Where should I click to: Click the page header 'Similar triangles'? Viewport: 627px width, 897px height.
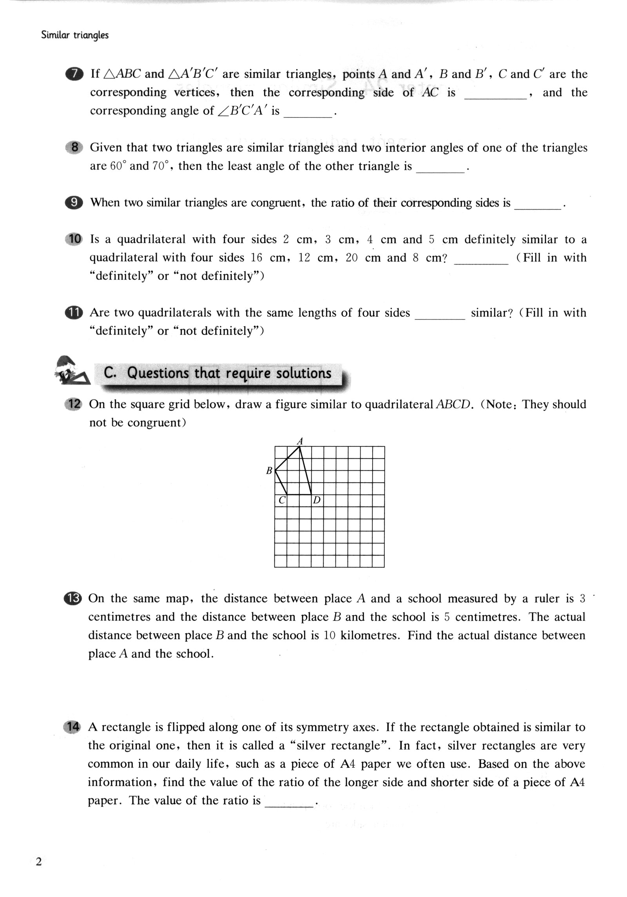click(74, 35)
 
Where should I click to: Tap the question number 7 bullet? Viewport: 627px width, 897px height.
click(74, 74)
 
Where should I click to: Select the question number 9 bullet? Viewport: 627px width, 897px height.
click(74, 203)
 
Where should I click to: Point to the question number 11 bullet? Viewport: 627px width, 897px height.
click(74, 313)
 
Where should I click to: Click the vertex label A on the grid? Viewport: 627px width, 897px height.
click(300, 441)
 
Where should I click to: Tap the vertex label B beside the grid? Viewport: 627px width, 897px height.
click(269, 471)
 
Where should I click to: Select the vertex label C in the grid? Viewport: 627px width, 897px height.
click(281, 500)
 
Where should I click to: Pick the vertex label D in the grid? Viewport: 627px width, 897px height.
click(317, 500)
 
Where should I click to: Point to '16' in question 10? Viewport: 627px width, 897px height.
click(256, 258)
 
